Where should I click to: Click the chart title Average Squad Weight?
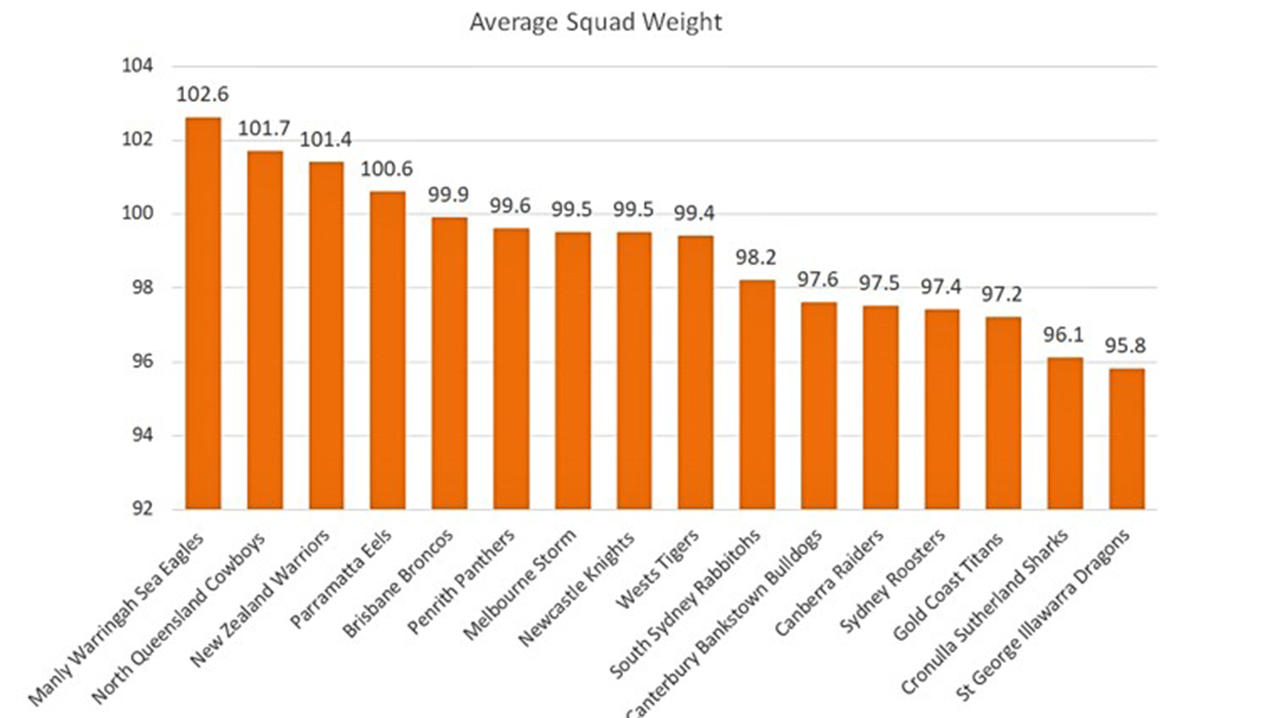pos(596,22)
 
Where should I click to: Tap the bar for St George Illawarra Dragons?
pos(1126,439)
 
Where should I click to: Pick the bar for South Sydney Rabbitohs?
pos(757,394)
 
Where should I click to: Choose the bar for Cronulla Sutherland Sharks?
pos(1065,434)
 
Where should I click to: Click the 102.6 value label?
pos(202,94)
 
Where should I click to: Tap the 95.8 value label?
pos(1126,346)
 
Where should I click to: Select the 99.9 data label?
pos(448,195)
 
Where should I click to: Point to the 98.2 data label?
pos(757,257)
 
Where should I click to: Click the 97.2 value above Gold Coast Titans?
pos(1003,295)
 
